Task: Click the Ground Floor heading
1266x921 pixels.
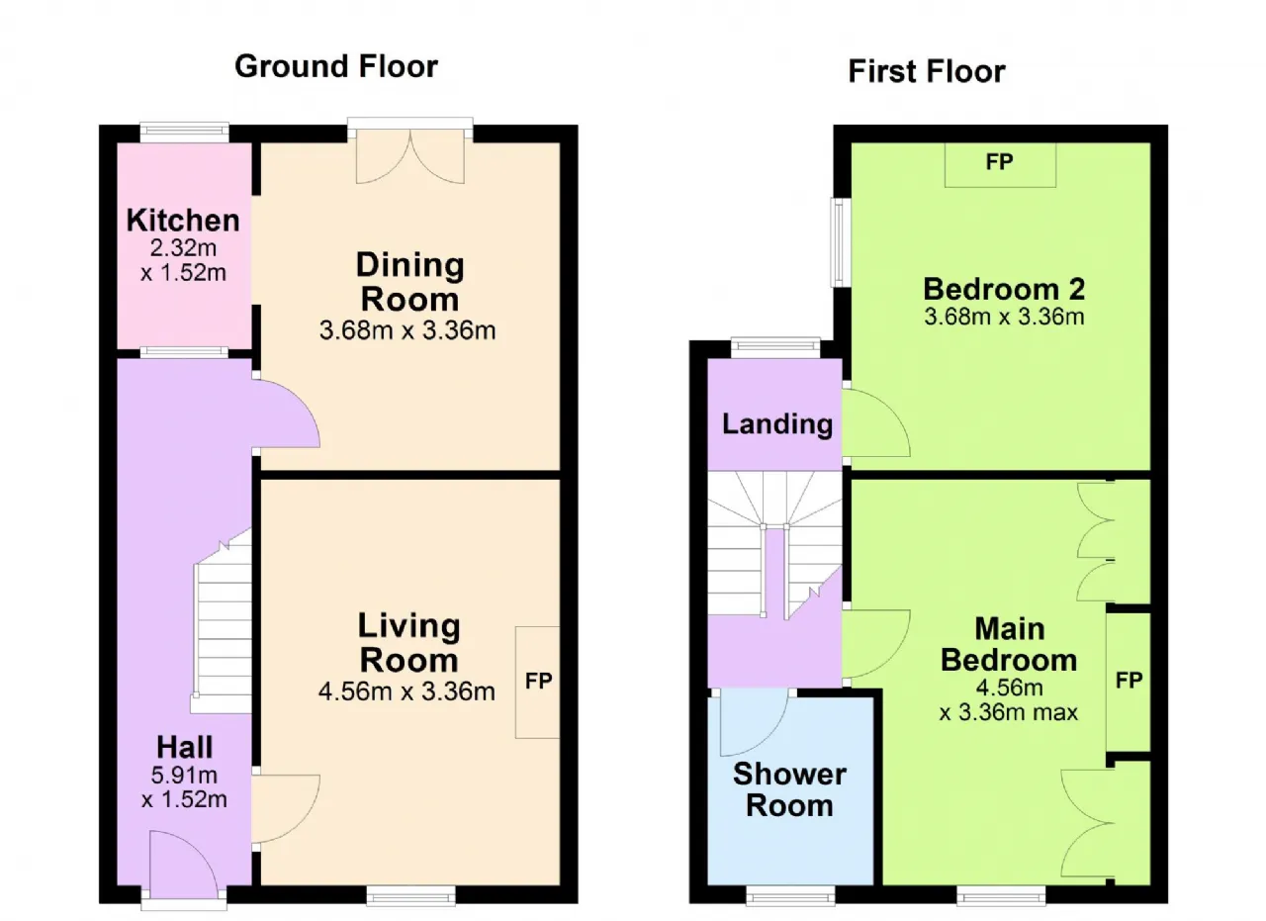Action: coord(336,66)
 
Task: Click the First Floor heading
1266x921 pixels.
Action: coord(927,72)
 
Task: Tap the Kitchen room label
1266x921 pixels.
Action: coord(183,220)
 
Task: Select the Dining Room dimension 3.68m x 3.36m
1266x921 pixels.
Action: coord(407,330)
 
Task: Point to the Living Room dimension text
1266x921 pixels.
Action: coord(407,691)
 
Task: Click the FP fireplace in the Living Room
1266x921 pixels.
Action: coord(537,682)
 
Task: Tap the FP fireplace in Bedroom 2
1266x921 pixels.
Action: coord(1000,163)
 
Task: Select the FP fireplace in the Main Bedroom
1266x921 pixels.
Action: coord(1129,681)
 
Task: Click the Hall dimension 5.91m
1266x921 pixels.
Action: coord(184,775)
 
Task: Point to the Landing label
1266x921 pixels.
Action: coord(777,424)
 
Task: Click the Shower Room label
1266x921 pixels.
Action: coord(789,789)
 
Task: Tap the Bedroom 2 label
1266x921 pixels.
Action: coord(1004,289)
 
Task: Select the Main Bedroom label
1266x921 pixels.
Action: coord(1010,645)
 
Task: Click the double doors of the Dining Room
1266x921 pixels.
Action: coord(410,155)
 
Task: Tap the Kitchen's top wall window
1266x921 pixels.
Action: coord(185,134)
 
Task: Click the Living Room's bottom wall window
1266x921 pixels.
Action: coord(410,895)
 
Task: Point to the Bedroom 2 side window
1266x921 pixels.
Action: coord(841,242)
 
